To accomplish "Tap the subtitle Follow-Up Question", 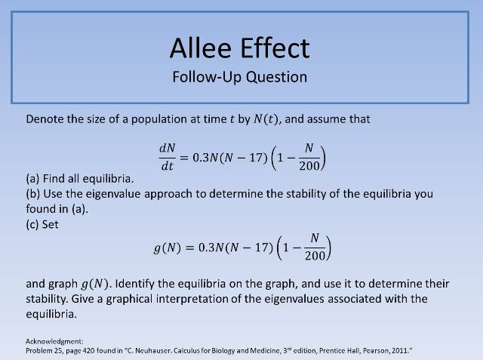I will [240, 77].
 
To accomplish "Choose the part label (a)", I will [33, 179].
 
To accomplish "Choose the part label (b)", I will [34, 194].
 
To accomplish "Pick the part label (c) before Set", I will [33, 224].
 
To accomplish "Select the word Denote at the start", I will [45, 118].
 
